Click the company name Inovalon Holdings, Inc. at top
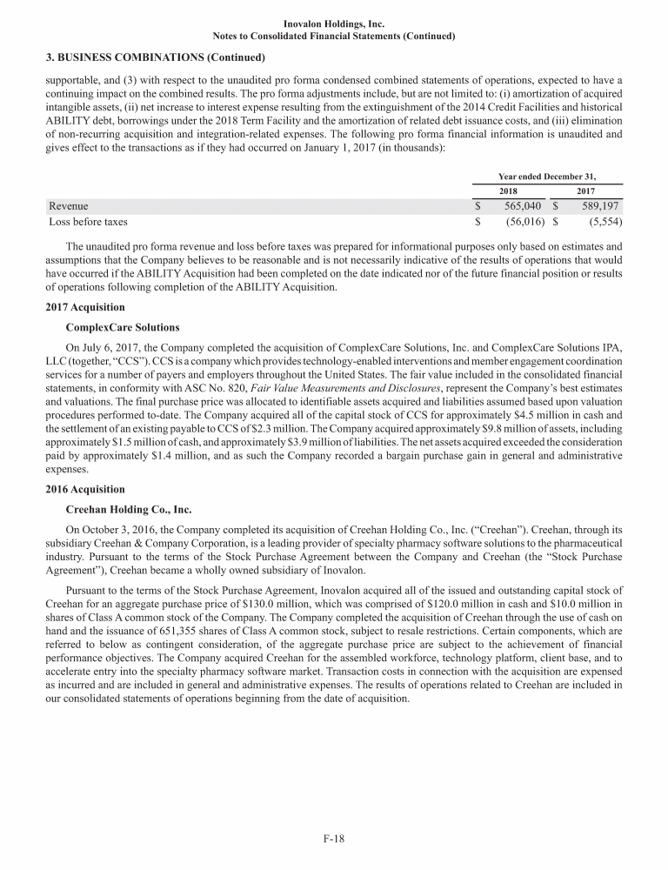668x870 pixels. [334, 24]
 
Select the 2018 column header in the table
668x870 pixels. [508, 191]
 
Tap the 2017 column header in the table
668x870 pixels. [586, 191]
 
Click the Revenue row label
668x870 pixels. [69, 206]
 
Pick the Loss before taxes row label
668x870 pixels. [89, 222]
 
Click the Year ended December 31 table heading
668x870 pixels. [547, 175]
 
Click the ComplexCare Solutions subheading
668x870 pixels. [123, 327]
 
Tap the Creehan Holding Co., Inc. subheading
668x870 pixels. [129, 509]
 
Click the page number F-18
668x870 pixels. [334, 839]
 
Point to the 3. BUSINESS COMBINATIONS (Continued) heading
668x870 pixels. [155, 57]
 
